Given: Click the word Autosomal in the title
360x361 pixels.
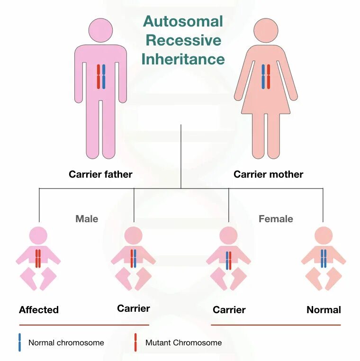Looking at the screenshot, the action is coord(183,21).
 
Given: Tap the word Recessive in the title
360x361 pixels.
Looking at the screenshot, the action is coord(183,40).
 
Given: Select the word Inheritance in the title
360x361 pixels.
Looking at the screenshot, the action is coord(183,59).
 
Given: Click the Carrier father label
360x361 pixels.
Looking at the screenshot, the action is coord(100,174).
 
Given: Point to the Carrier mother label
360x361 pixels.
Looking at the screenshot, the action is coord(268,174).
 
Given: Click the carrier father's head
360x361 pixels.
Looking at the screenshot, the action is coord(100,30).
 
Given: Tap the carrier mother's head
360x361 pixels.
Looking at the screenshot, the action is coord(266,30).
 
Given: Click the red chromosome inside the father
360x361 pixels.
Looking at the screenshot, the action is coord(99,76).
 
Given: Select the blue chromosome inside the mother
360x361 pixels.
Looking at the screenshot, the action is coord(263,76).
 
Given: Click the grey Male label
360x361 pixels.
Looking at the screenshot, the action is coord(87,219).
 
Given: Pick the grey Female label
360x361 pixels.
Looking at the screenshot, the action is coord(276,219).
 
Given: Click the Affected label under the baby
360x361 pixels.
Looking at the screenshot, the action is coord(39,310).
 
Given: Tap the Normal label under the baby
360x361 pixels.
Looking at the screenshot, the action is coord(324,310).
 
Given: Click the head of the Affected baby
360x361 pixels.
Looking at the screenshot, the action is coord(38,235).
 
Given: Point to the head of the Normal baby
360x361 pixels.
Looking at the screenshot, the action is coord(324,235).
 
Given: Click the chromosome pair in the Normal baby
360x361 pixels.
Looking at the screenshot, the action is coord(324,259).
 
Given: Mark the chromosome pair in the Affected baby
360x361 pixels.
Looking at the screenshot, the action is coord(38,259).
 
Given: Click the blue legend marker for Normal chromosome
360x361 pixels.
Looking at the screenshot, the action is coord(19,342).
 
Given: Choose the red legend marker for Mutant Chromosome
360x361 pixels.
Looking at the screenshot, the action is coord(135,342).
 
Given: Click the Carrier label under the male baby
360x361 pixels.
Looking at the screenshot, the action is coord(134,309).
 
